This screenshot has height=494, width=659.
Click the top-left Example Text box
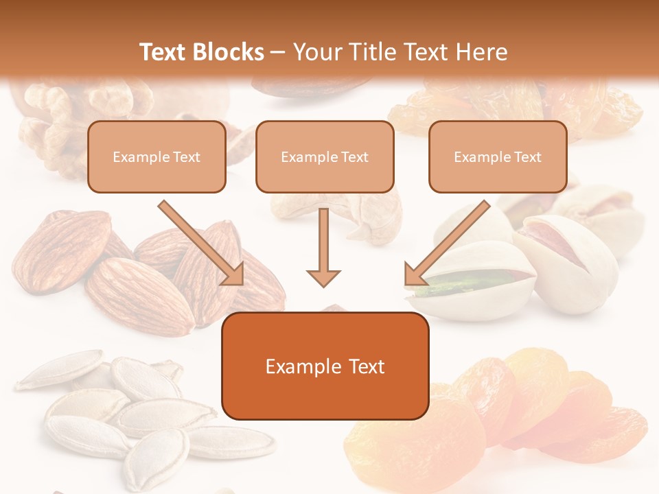click(157, 157)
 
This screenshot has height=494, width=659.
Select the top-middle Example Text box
click(325, 157)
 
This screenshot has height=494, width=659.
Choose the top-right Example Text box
click(498, 157)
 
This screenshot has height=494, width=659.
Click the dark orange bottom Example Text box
click(325, 366)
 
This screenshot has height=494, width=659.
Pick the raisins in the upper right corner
click(597, 110)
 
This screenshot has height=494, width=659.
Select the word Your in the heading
click(318, 52)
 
